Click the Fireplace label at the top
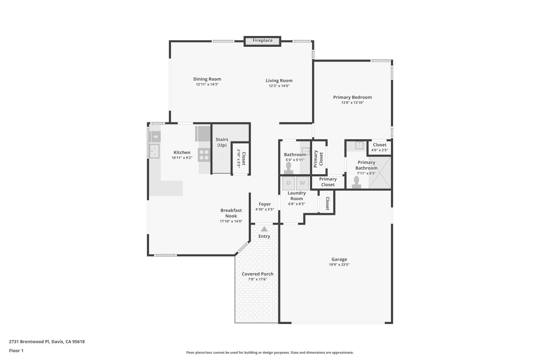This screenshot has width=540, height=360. point(262,41)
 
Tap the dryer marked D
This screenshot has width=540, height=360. point(289,183)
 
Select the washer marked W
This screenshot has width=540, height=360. point(302,183)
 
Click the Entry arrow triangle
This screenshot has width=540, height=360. point(264,229)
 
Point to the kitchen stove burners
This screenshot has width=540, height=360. point(204,155)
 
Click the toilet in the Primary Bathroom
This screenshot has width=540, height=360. point(356,183)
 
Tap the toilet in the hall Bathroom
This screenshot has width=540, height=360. point(289,168)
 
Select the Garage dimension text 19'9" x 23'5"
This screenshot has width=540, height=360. point(339,265)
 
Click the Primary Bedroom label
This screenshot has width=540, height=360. point(352,97)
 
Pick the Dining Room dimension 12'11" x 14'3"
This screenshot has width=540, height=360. point(207,84)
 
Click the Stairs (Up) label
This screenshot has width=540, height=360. point(222,142)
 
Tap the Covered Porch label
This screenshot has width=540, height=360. point(257,274)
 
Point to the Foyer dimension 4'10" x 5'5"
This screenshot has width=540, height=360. point(265,209)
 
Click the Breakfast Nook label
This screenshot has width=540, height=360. point(231,213)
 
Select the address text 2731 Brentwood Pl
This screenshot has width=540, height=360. point(29,341)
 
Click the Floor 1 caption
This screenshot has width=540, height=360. point(16,351)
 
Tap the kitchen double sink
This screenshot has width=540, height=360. point(154,151)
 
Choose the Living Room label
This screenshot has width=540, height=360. point(279,81)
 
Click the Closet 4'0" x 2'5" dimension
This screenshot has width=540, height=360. point(379,150)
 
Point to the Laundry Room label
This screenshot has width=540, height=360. point(297,196)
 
